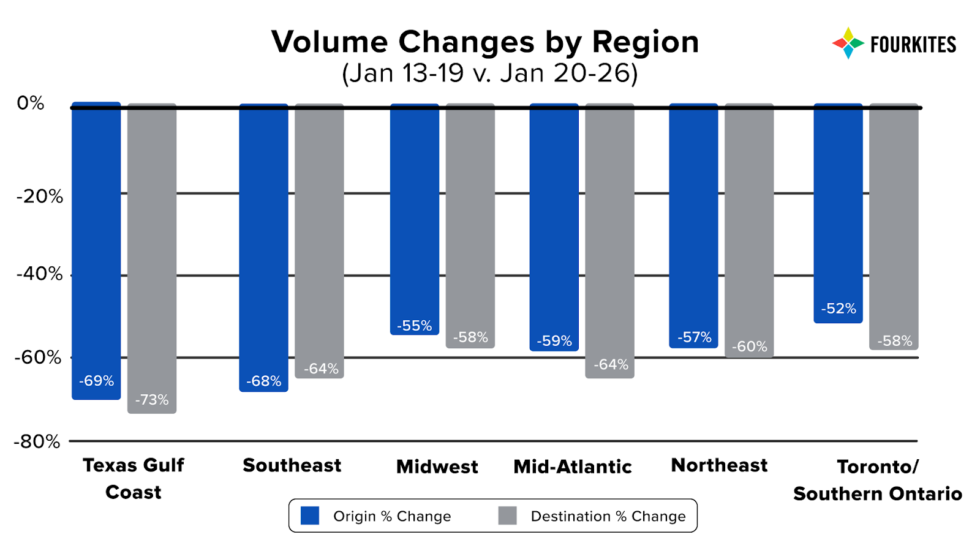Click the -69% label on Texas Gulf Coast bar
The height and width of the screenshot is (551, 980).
pos(96,381)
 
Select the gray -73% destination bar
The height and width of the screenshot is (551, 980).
pos(152,257)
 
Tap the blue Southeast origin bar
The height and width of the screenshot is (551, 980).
pos(263,245)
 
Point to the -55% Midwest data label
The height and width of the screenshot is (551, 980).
pos(415,326)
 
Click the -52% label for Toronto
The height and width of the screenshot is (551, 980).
pos(839,309)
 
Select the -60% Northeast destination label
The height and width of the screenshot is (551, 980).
pos(749,347)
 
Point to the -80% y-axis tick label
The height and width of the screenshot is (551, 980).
pos(37,441)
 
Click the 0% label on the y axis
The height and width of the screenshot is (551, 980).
pos(31,103)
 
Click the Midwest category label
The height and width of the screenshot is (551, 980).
pos(437,467)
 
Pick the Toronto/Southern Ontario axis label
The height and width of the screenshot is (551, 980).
pos(877,480)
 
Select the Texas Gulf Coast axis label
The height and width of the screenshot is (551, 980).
pos(134,478)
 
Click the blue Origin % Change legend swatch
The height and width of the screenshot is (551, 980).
pos(310,516)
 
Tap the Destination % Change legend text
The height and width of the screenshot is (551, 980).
pos(608,517)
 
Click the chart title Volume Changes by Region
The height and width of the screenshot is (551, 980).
pos(485,42)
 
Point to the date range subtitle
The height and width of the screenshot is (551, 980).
pos(490,73)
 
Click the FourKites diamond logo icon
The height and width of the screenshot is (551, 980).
pos(848,43)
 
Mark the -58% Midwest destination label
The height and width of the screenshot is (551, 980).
pos(470,337)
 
